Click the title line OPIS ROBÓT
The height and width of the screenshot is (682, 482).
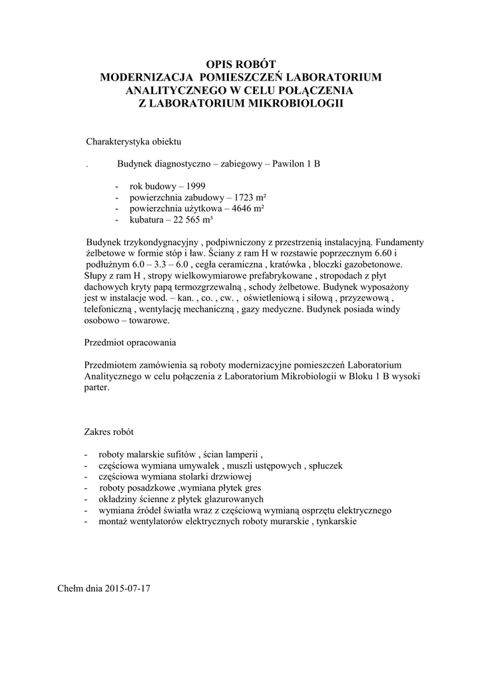tap(240, 65)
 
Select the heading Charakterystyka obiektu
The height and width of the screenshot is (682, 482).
tap(133, 142)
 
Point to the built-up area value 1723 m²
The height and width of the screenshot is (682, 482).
tap(247, 197)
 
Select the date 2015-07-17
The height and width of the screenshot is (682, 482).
tap(128, 589)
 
